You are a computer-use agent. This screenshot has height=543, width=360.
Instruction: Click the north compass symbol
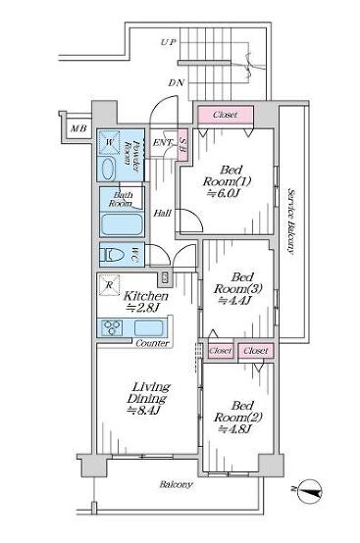(x=310, y=490)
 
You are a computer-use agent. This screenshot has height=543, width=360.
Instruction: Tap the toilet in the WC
(x=112, y=255)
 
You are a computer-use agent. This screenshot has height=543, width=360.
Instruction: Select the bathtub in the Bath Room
(x=122, y=224)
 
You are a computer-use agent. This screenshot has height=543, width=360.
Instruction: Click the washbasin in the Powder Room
(x=108, y=169)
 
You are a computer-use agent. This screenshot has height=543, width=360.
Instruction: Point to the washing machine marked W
(x=109, y=142)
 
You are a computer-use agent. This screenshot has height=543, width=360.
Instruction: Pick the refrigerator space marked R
(x=109, y=285)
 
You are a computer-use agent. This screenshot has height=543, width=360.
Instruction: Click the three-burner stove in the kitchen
(x=112, y=327)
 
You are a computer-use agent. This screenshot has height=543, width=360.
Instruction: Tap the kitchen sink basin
(x=148, y=328)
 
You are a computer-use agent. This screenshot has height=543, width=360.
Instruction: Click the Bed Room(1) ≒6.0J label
(x=227, y=181)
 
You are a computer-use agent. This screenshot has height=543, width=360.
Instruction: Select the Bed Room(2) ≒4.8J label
(x=238, y=418)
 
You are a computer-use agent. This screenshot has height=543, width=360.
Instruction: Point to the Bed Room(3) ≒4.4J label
(x=237, y=289)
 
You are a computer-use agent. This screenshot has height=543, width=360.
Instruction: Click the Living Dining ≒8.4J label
(x=148, y=398)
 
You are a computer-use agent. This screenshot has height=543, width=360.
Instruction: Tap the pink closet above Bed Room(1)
(x=226, y=115)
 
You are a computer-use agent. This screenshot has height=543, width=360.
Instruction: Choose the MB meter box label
(x=78, y=128)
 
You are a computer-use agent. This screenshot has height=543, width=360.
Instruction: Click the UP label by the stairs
(x=169, y=42)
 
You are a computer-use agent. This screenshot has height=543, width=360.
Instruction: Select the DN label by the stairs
(x=177, y=83)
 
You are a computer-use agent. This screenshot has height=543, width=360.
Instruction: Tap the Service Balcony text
(x=291, y=222)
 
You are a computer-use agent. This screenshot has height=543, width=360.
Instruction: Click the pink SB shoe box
(x=183, y=144)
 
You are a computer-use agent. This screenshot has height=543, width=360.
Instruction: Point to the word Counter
(x=152, y=343)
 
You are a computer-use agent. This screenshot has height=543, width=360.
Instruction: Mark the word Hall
(x=163, y=213)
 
